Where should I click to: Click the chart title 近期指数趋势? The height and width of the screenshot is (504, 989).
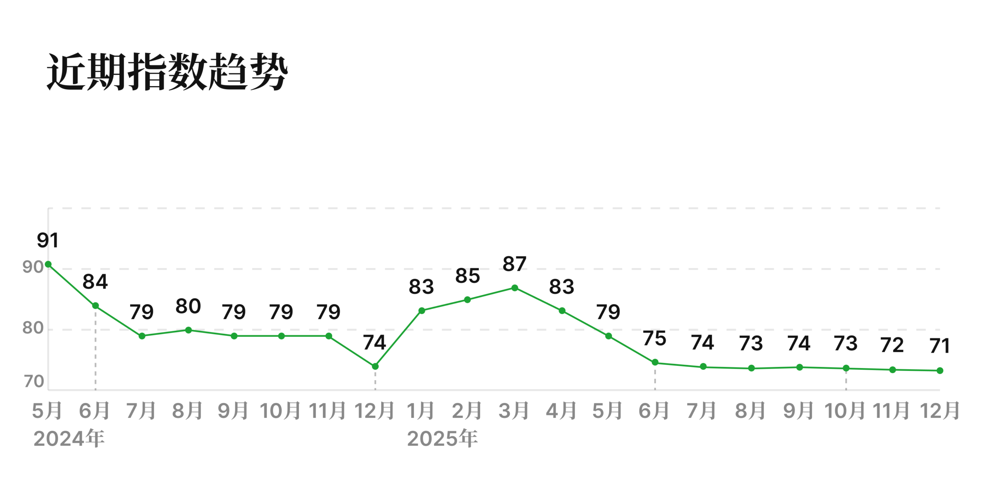[167, 72]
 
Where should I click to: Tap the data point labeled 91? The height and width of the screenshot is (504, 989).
[48, 264]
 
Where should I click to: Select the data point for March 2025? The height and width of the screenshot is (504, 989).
[515, 288]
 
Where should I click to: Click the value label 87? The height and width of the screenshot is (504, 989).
[514, 264]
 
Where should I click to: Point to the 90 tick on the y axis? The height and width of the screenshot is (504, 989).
[33, 267]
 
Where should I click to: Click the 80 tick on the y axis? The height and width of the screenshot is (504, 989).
[33, 328]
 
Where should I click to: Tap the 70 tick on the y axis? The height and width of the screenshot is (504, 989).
[34, 382]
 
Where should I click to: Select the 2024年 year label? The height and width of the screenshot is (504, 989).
[69, 438]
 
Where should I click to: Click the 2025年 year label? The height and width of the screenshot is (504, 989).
[442, 438]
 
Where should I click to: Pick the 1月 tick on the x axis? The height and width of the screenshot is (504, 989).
[421, 411]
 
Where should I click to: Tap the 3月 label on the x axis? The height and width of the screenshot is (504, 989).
[514, 411]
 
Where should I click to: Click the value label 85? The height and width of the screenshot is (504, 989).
[467, 276]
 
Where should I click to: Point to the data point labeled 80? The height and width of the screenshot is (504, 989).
[189, 330]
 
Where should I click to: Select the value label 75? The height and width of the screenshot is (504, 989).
[654, 338]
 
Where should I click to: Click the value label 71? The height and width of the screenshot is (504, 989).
[940, 346]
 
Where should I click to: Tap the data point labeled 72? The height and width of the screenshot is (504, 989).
[892, 370]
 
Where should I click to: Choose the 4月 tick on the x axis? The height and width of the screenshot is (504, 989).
[561, 411]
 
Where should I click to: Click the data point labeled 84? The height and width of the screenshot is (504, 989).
[95, 306]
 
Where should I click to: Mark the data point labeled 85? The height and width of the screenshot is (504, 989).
[467, 300]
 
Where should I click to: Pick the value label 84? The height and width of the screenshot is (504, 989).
[95, 282]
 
